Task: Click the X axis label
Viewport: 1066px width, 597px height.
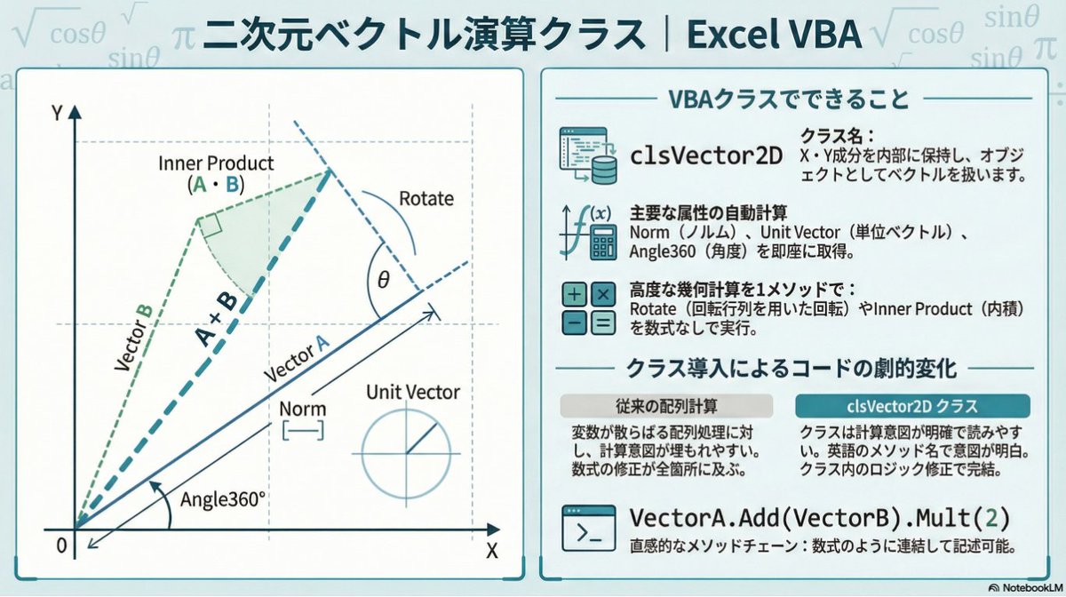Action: (x=491, y=549)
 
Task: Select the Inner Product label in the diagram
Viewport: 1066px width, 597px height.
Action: (x=216, y=164)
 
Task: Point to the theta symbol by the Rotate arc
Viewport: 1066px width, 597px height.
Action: (x=383, y=280)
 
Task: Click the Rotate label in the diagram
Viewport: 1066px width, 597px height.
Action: (x=426, y=198)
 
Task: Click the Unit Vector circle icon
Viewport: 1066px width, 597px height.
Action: (x=408, y=453)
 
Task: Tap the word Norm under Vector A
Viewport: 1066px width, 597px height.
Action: (x=302, y=410)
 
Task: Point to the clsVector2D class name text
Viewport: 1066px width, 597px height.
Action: (x=706, y=155)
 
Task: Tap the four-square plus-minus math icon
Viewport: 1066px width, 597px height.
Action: (x=588, y=308)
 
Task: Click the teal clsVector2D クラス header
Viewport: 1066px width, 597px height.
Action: (x=912, y=406)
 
